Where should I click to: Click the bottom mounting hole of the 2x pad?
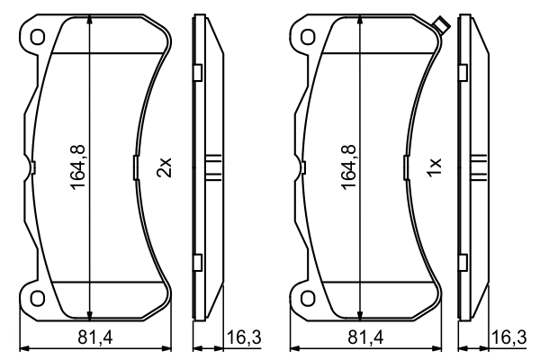37,298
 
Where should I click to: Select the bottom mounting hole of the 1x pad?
307,298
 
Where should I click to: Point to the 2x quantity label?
164,166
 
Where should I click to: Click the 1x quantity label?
434,166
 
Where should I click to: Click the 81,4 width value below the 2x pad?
95,337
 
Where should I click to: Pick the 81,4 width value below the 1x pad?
365,337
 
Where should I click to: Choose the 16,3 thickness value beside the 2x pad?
244,337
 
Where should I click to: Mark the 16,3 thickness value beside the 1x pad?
509,337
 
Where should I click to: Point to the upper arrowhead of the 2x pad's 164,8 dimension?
89,22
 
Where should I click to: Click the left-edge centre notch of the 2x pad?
32,167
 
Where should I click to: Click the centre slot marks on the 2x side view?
214,167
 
